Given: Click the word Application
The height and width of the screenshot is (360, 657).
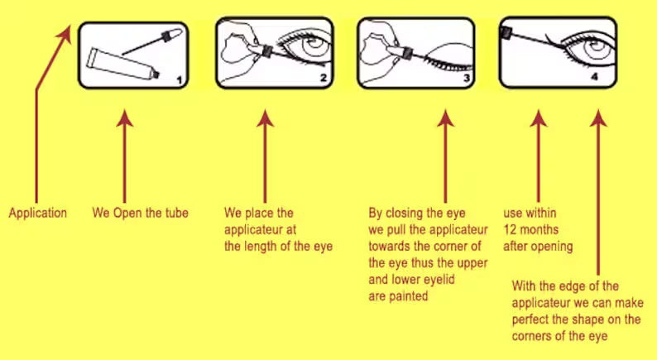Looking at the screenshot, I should click(37, 214).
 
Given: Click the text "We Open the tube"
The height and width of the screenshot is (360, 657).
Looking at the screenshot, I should click(141, 214).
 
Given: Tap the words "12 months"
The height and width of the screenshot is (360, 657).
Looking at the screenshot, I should click(530, 229).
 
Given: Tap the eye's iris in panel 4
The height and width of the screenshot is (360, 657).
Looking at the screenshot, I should click(587, 48).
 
